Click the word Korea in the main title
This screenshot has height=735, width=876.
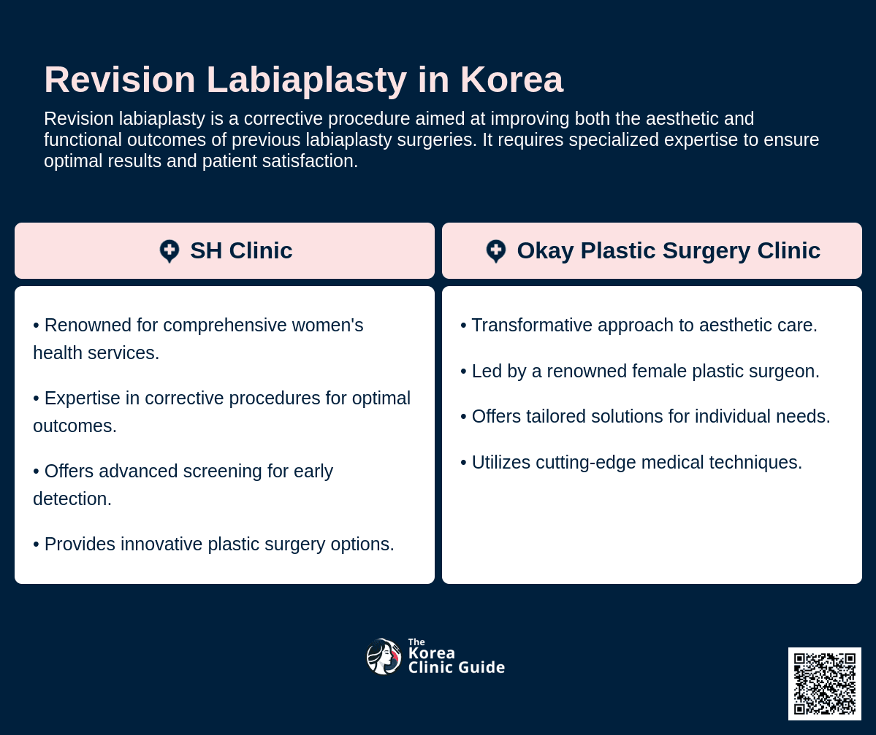[x=511, y=80]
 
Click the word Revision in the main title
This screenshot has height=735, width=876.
[x=120, y=80]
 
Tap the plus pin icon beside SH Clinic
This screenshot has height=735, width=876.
[x=170, y=251]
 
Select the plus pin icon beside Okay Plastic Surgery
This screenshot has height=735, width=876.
[x=495, y=251]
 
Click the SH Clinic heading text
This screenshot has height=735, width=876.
[x=241, y=250]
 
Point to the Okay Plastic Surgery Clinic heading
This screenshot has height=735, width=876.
[x=669, y=250]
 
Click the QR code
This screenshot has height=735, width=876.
[x=825, y=684]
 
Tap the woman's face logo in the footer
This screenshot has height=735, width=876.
[x=384, y=656]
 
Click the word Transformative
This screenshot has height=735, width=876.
[x=532, y=325]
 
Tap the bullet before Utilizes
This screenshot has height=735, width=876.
[x=463, y=463]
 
